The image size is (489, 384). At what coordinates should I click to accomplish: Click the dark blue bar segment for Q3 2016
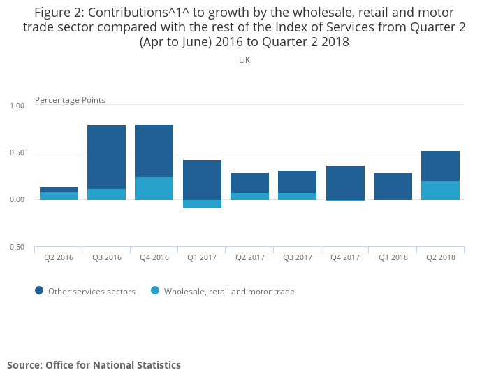pos(106,157)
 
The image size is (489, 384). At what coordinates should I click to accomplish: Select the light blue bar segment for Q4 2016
pos(154,188)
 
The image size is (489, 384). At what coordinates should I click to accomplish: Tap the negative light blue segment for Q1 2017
pos(202,204)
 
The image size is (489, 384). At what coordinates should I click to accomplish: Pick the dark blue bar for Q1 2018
pos(393,186)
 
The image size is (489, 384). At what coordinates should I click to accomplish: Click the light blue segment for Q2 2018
pos(440,190)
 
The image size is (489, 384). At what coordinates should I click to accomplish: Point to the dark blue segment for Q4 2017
pos(345,183)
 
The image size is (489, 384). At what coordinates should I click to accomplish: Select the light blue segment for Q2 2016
pos(59,196)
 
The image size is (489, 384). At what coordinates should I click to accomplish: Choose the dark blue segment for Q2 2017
pos(249,183)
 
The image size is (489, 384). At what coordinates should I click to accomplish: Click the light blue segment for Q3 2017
pos(297,197)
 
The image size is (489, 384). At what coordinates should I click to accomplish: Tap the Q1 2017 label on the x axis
pos(202,257)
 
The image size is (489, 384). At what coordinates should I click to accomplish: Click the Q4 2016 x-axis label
pos(154,257)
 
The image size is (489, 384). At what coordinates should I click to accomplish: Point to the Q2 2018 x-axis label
pos(440,257)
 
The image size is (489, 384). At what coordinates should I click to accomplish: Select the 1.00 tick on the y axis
pos(17,106)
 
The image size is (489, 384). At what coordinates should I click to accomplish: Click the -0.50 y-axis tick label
pos(16,248)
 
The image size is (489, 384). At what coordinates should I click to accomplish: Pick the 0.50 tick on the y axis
pos(17,152)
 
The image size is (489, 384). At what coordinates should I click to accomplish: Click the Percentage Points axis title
pos(70,100)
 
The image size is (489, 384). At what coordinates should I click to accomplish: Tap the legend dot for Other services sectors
pos(38,291)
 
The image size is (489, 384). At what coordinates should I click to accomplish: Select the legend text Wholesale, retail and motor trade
pos(229,292)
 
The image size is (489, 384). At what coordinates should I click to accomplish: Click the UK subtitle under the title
pos(245,60)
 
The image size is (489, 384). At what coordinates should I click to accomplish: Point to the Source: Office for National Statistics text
pos(94,365)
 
